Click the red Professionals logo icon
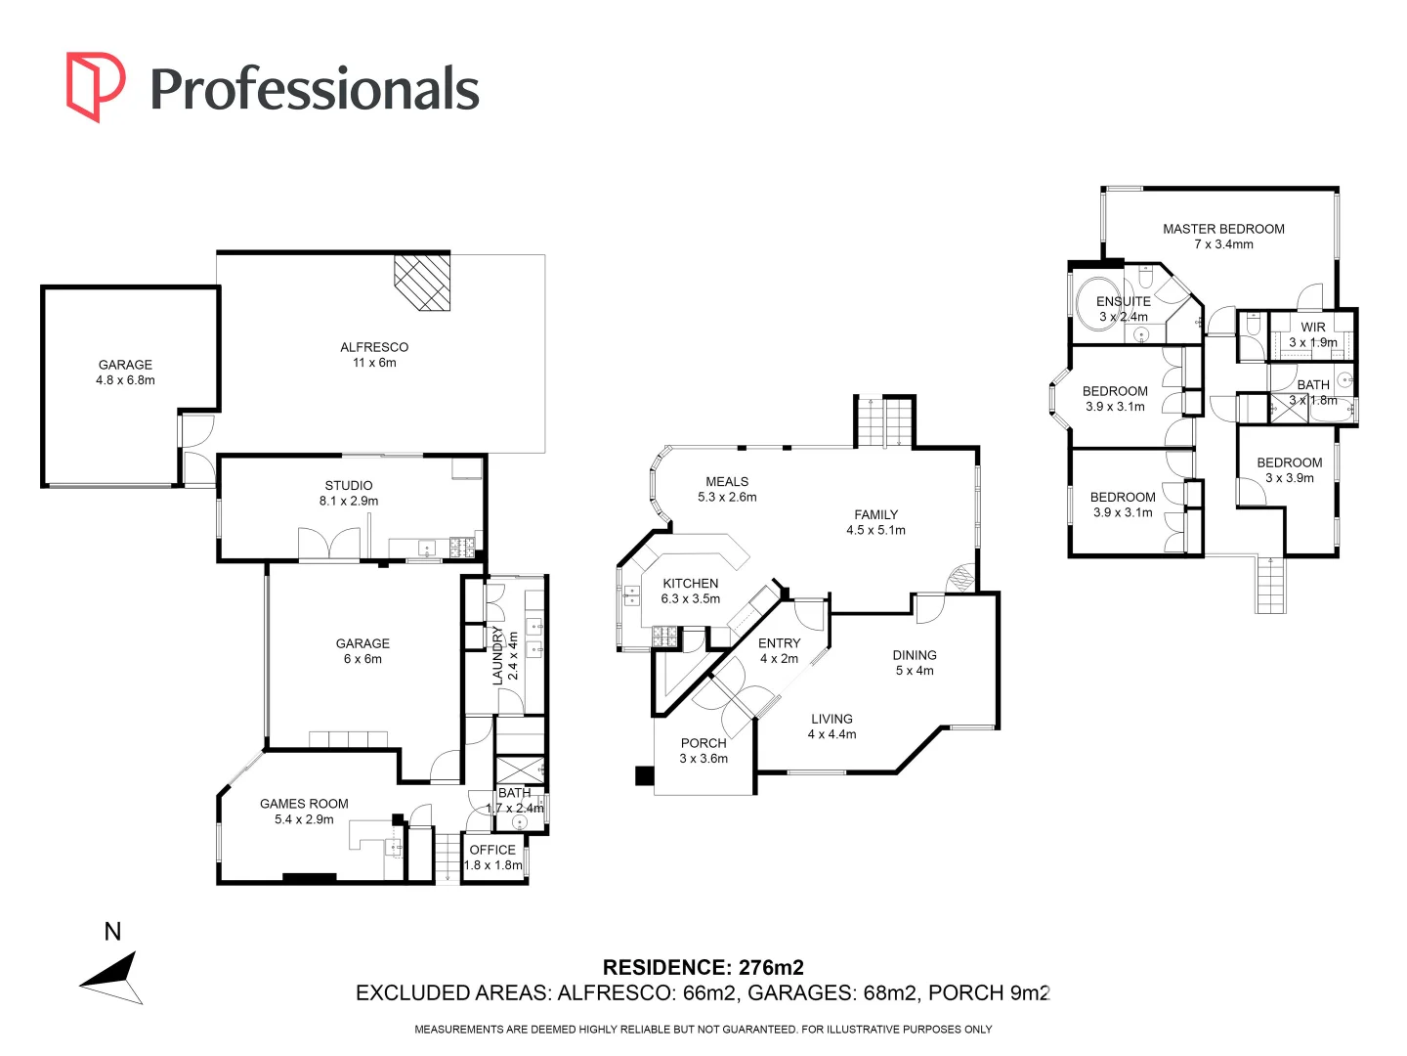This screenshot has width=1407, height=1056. click(95, 86)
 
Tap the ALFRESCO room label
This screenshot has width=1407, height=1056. click(374, 347)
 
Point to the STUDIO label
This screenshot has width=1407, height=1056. click(349, 485)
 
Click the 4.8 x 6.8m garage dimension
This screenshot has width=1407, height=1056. click(125, 380)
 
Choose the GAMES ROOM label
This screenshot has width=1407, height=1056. click(304, 804)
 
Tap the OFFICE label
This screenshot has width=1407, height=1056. click(492, 850)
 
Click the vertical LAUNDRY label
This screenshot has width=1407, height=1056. click(497, 655)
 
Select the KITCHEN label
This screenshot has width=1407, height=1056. click(691, 583)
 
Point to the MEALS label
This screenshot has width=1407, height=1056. click(727, 481)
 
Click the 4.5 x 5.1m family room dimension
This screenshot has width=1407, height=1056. click(875, 530)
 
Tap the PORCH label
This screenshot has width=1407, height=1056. click(703, 743)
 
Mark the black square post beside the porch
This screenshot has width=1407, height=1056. click(644, 775)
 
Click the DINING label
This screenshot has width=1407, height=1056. click(915, 655)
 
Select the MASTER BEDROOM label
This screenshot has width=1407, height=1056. click(1223, 229)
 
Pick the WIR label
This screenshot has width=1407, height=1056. click(1313, 328)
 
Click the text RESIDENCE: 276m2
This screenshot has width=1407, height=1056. click(703, 967)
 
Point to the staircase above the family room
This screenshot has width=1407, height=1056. click(884, 421)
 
